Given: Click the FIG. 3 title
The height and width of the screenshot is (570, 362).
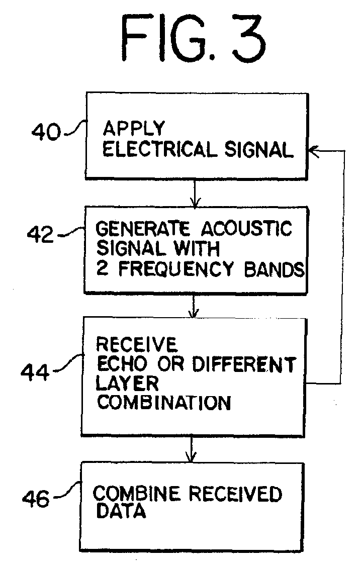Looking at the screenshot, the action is click(193, 38).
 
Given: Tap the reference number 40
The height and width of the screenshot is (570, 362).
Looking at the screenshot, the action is click(46, 132).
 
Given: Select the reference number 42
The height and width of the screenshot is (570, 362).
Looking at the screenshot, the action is click(40, 234).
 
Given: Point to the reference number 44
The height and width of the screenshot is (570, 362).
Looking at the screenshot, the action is click(35, 372).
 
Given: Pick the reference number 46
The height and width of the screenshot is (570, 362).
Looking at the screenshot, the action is click(36, 499).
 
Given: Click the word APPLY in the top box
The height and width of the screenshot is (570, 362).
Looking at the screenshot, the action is click(134, 128).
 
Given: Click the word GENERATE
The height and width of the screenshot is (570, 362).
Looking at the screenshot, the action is click(142, 229).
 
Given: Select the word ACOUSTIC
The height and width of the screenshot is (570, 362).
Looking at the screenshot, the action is click(246, 228).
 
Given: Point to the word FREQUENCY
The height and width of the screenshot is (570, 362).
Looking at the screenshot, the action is click(176, 269).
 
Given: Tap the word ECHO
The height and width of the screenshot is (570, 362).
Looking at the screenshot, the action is click(122, 364).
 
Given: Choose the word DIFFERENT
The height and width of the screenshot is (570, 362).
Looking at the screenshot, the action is click(244, 364).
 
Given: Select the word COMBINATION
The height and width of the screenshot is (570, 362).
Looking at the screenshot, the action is click(164, 403).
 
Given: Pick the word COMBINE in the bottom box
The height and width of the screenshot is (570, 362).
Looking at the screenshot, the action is click(136, 494).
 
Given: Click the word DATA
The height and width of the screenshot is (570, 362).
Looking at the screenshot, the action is click(121, 511).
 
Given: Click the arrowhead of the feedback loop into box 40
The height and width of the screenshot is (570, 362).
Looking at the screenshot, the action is click(313, 150).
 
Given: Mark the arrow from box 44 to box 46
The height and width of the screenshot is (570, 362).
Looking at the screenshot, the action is click(192, 449).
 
